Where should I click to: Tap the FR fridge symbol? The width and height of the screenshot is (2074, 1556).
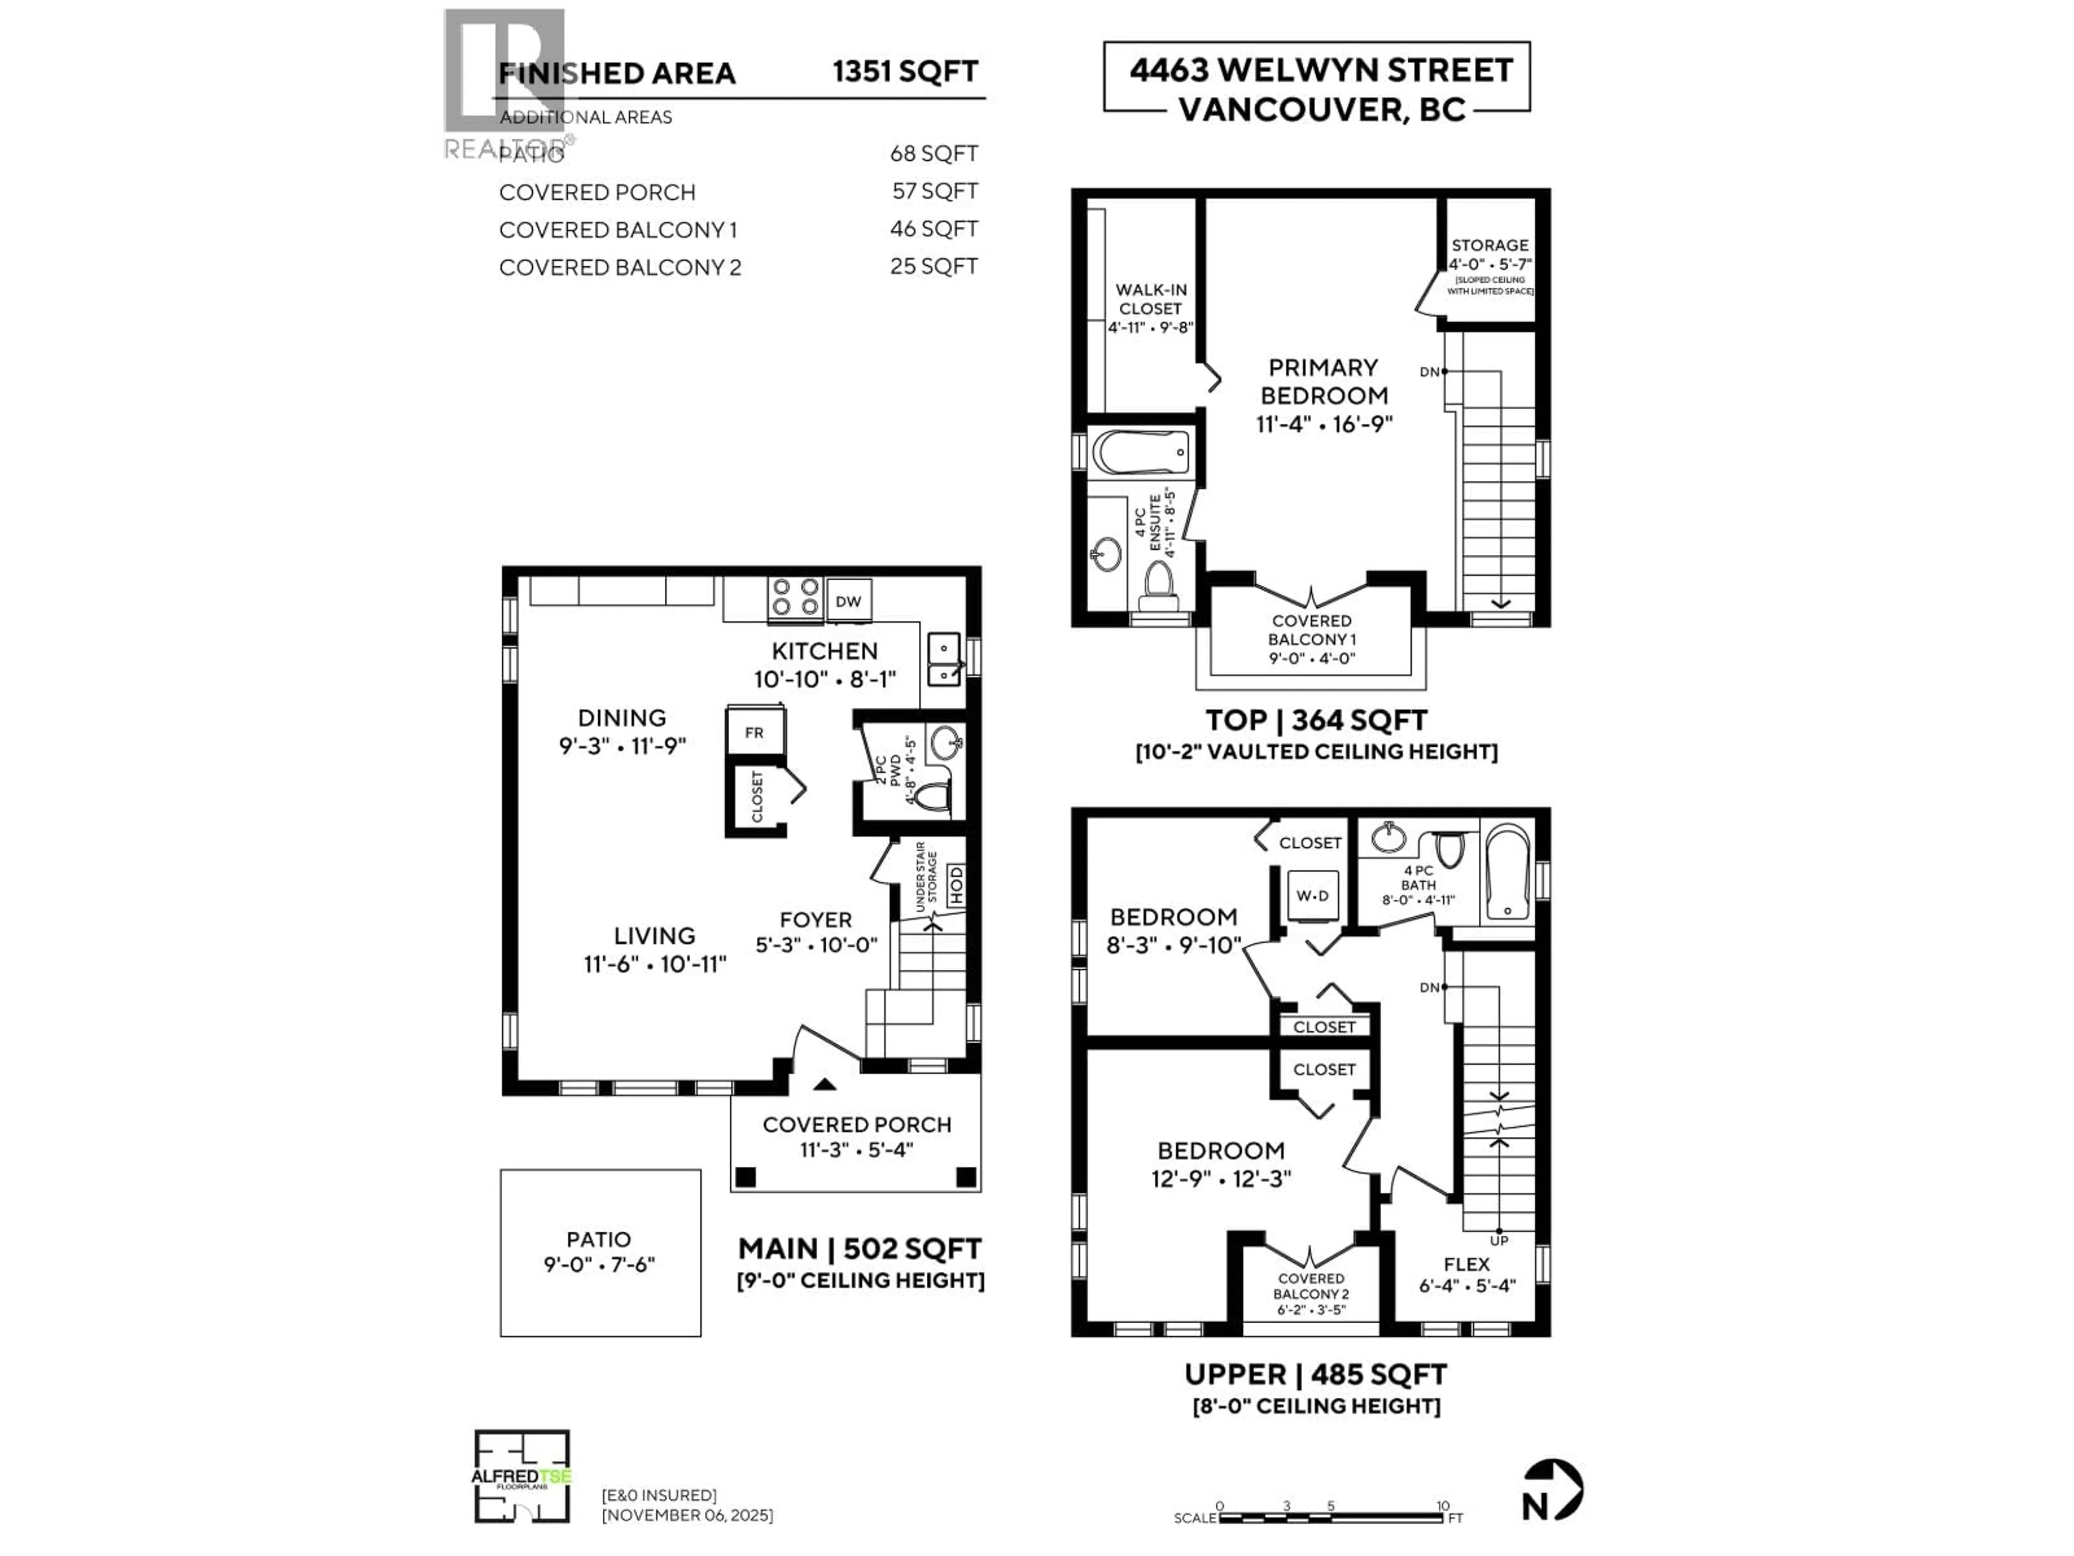tap(754, 733)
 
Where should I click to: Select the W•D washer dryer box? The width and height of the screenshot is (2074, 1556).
tap(1312, 896)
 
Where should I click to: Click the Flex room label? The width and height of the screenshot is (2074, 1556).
tap(1466, 1264)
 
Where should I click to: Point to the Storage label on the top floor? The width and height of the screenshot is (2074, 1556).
tap(1490, 245)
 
